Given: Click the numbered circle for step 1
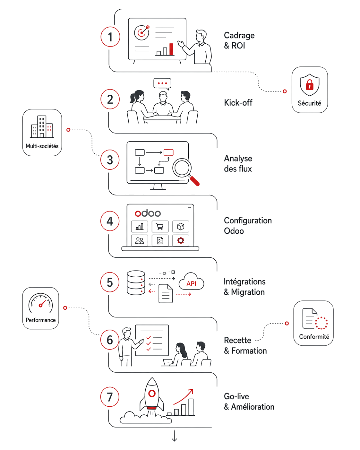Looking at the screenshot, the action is point(110,37).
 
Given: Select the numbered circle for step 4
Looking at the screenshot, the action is point(110,221).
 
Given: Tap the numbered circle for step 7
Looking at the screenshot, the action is point(110,397).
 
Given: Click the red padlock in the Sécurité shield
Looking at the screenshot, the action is point(309,85).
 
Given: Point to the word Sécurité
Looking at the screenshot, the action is point(309,103).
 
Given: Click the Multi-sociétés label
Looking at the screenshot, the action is point(42,146).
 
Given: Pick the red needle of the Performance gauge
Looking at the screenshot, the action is point(42,304).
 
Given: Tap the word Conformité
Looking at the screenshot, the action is point(314,336).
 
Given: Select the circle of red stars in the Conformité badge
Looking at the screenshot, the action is point(321,323).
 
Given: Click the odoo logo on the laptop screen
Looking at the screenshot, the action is point(148,213).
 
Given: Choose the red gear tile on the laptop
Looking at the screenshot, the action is point(181,240).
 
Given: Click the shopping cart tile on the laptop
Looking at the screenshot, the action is point(160,227).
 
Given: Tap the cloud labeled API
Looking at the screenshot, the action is point(191,281).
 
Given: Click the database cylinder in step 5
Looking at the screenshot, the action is point(136,282).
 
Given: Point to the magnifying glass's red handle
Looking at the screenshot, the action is point(194,181).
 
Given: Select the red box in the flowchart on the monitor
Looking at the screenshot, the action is point(168,152).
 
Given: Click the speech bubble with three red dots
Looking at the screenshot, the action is point(162,84).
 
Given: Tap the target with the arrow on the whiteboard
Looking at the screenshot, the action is point(142,32).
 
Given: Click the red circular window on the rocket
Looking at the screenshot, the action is point(152,394).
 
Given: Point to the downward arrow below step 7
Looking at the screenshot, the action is point(174,436).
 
